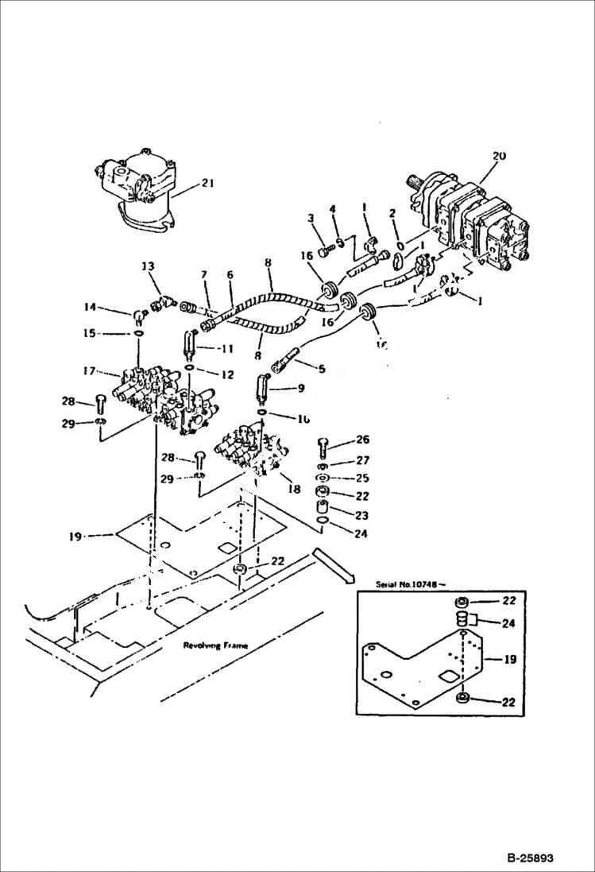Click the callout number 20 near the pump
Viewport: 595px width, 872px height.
pyautogui.click(x=498, y=157)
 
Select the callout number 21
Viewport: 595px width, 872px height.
pyautogui.click(x=207, y=184)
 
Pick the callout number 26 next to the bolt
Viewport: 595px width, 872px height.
pyautogui.click(x=362, y=439)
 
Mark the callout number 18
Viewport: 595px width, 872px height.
pyautogui.click(x=296, y=490)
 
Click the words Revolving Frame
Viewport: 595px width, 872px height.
pyautogui.click(x=215, y=645)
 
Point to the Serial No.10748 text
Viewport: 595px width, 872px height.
pyautogui.click(x=411, y=584)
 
